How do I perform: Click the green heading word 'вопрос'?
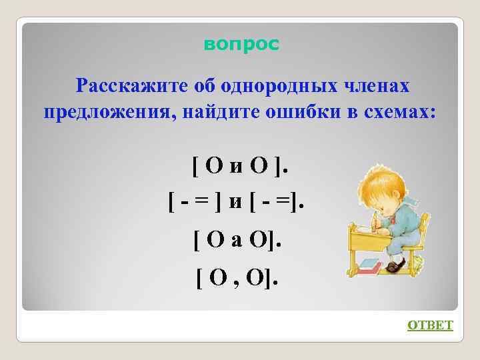click(x=241, y=45)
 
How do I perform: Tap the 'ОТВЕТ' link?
click(x=430, y=325)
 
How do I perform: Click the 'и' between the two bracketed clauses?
click(x=235, y=203)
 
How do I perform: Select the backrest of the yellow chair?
click(x=427, y=220)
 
